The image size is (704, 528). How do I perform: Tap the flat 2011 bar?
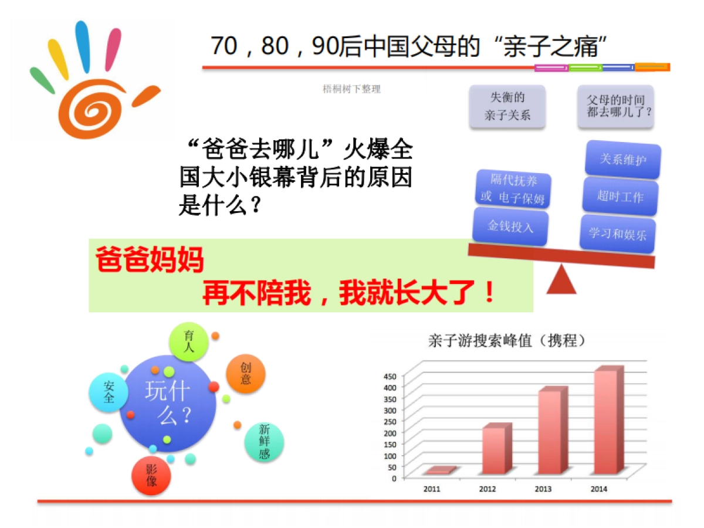[x=439, y=471]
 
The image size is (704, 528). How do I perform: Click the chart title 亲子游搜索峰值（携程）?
[x=508, y=341]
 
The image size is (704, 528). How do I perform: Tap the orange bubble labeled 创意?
[x=245, y=374]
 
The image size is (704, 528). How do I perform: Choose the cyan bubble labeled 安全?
[x=109, y=392]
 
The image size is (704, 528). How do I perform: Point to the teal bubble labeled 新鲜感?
[x=263, y=442]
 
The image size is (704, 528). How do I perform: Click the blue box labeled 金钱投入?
[x=510, y=227]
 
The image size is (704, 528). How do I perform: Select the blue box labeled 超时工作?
[x=620, y=197]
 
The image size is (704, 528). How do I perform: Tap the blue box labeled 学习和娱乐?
[x=618, y=233]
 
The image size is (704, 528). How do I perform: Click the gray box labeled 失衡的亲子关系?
[x=507, y=107]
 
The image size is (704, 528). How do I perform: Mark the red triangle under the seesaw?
[x=561, y=280]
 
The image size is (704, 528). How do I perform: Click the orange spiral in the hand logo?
[x=94, y=108]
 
